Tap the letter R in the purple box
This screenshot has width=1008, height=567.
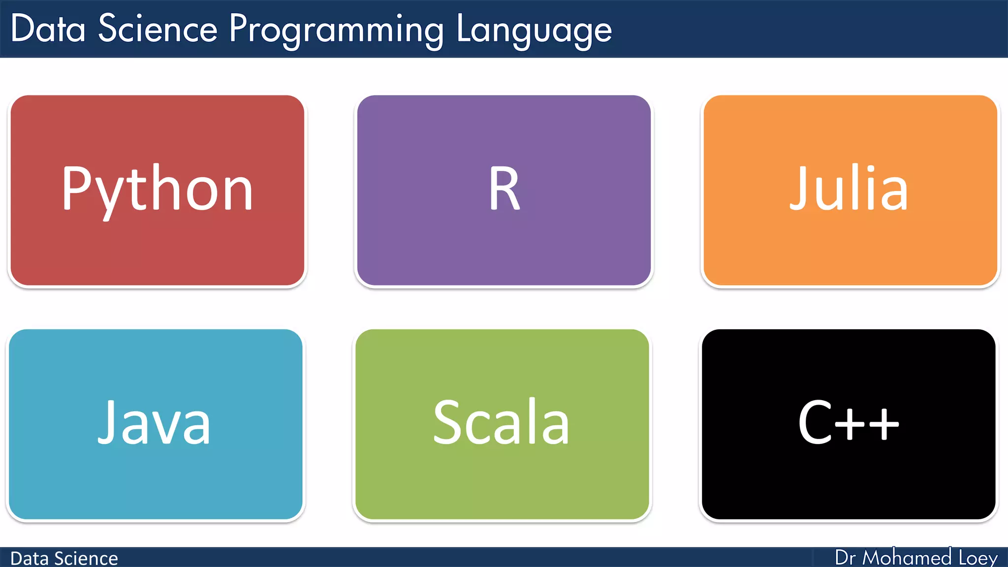(x=504, y=189)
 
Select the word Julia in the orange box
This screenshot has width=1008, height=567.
(x=849, y=189)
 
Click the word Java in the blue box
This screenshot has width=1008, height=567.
(x=155, y=422)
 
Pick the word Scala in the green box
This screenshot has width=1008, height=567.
(x=501, y=422)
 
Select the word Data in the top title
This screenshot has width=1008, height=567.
(x=48, y=29)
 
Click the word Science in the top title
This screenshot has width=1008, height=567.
(x=157, y=29)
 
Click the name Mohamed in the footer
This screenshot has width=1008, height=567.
(x=907, y=558)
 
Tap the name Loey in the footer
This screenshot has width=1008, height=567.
(x=977, y=558)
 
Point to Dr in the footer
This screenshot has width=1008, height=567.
(x=845, y=558)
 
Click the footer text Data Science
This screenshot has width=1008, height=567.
(x=64, y=559)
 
